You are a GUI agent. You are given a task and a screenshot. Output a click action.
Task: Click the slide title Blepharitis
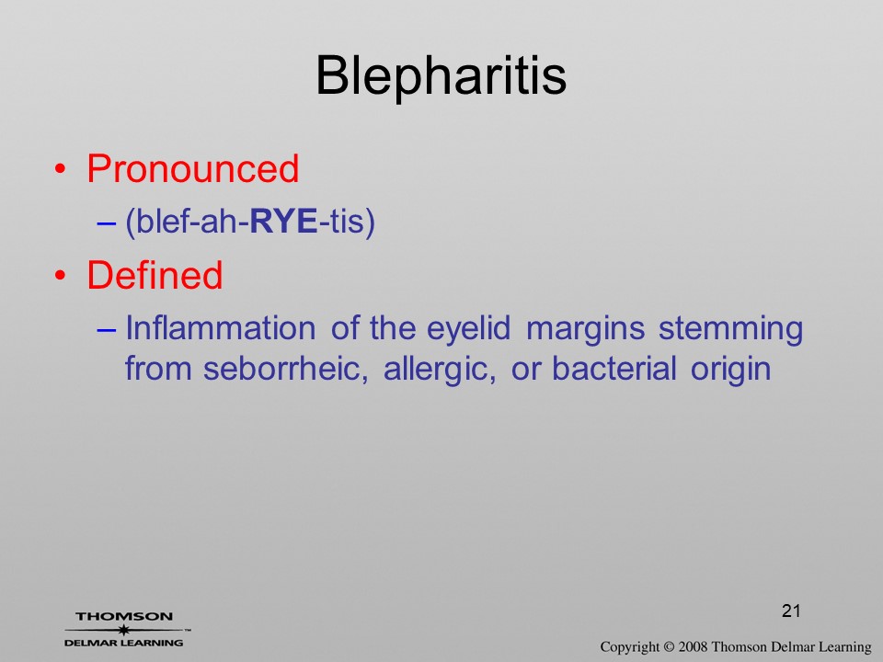(441, 76)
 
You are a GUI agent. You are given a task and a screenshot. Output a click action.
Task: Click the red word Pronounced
(192, 168)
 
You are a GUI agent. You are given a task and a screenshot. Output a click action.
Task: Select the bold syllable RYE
(283, 222)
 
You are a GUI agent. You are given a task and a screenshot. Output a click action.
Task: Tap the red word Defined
(155, 275)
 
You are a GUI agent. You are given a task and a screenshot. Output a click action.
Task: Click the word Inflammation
(220, 327)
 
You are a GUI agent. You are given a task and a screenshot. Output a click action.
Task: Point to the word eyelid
(468, 329)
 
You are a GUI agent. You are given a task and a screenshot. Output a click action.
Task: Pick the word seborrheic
(285, 370)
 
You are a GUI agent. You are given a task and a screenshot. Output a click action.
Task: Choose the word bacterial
(614, 370)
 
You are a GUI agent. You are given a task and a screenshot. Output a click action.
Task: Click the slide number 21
(791, 611)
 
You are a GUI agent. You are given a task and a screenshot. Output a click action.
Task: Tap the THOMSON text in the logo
(124, 616)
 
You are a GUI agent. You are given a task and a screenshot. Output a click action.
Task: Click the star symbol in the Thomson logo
(124, 630)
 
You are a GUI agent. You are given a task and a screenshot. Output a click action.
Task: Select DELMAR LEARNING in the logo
(124, 643)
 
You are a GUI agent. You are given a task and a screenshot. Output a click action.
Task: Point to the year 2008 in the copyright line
(693, 646)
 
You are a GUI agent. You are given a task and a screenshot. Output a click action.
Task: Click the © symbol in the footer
(669, 646)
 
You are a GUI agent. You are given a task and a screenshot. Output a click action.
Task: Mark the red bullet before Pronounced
(61, 169)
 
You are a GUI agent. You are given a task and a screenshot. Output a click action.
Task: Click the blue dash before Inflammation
(106, 329)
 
